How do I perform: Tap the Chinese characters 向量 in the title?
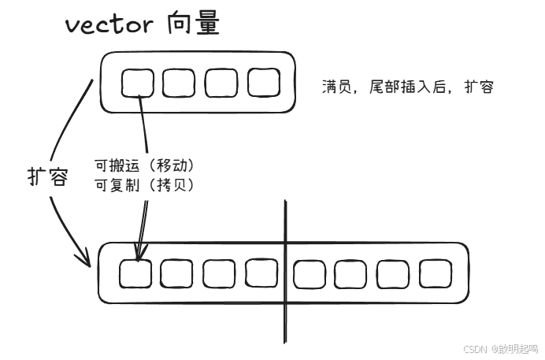coord(193,24)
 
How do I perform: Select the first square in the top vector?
coord(138,83)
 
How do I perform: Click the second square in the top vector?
coord(179,83)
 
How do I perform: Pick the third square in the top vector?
coord(221,83)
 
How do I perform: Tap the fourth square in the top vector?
coord(262,82)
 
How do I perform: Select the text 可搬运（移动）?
coord(144,166)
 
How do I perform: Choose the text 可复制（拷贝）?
coord(144,185)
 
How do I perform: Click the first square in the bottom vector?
coord(135,273)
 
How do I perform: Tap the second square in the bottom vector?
coord(176,273)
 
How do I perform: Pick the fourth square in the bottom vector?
coord(261,273)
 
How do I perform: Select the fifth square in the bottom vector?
coord(308,274)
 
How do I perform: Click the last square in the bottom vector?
coord(435,273)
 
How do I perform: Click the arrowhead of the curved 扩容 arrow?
coord(85,259)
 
